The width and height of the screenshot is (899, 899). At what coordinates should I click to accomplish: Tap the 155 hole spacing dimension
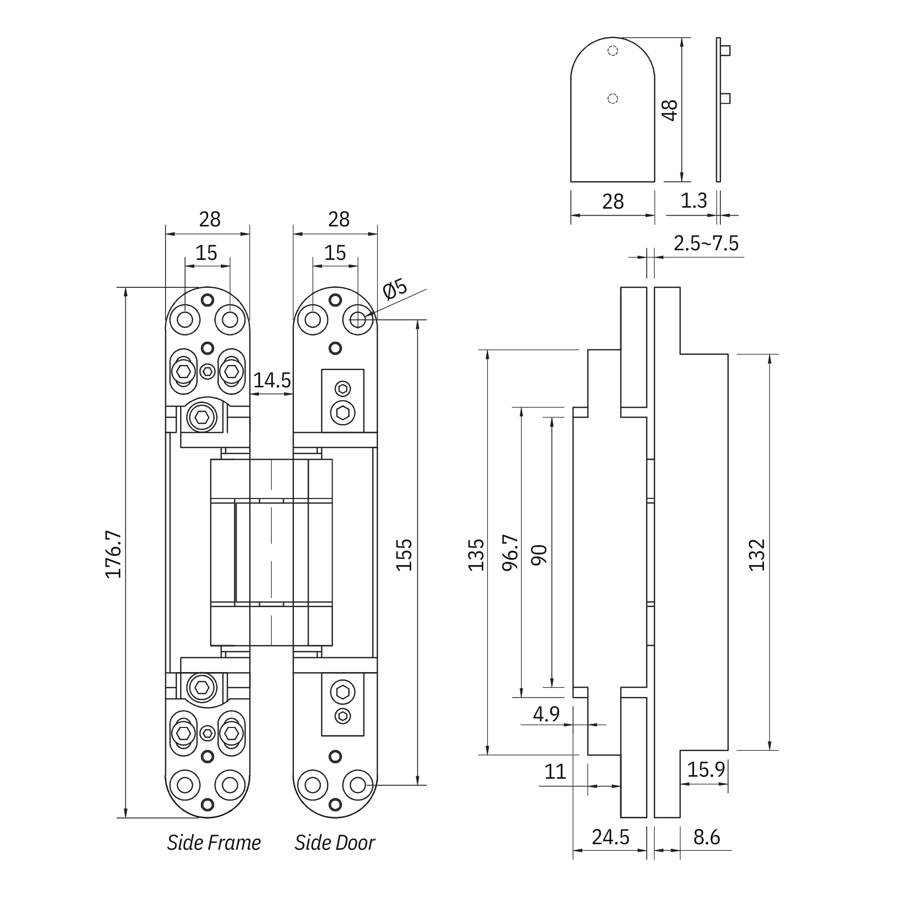click(x=404, y=555)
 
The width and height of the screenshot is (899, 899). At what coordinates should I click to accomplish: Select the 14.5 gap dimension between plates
click(x=272, y=380)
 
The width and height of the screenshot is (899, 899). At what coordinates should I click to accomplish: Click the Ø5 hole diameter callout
click(x=395, y=289)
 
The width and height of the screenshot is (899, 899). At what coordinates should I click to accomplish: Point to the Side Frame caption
click(x=214, y=843)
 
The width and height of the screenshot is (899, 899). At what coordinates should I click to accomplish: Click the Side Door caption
click(x=335, y=843)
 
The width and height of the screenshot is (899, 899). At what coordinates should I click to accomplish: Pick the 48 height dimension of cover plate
click(x=671, y=110)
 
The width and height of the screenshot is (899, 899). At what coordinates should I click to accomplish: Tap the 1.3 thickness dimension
click(x=693, y=201)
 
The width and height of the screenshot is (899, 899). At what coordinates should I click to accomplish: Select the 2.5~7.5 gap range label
click(x=706, y=243)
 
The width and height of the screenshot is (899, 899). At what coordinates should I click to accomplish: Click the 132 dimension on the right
click(x=757, y=555)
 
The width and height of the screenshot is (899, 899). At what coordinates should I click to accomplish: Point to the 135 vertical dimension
click(x=476, y=555)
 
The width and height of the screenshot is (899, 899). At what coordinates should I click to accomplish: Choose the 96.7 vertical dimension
click(x=511, y=552)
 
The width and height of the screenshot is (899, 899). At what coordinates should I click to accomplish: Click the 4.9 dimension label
click(x=546, y=714)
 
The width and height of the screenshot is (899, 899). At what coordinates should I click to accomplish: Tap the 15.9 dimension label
click(x=706, y=770)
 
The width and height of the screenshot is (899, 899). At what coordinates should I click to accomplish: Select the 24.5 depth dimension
click(x=610, y=837)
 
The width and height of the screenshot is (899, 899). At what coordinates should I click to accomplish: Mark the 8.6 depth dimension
click(x=707, y=837)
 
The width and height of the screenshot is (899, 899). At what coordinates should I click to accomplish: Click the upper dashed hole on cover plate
click(x=613, y=51)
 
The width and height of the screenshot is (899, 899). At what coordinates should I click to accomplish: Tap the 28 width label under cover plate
click(x=613, y=202)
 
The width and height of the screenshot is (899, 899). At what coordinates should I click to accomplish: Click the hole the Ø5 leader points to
click(x=358, y=320)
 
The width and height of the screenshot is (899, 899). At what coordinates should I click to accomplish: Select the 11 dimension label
click(x=555, y=772)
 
